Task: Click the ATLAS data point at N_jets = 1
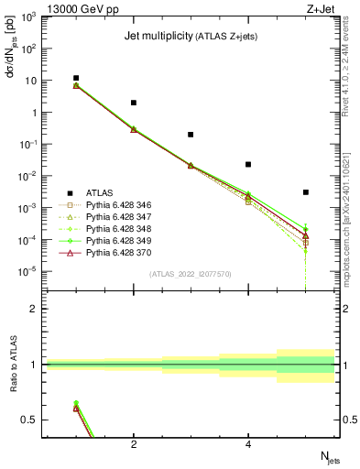pos(76,79)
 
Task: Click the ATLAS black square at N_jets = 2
pos(134,103)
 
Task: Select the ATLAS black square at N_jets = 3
pos(191,135)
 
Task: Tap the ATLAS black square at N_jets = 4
pos(248,165)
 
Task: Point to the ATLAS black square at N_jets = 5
pos(306,192)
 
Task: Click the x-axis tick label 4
pos(248,445)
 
